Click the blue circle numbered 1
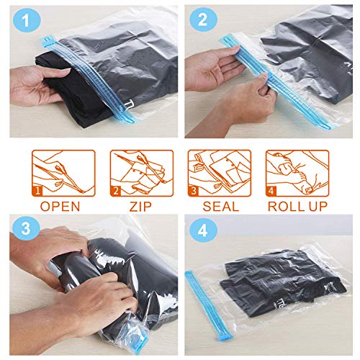tap(26, 21)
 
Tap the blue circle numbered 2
tap(203, 19)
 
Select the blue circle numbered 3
tap(26, 229)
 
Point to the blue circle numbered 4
tap(203, 230)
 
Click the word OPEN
tap(60, 207)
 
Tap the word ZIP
tap(140, 207)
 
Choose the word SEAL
tap(221, 207)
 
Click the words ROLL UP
tap(297, 207)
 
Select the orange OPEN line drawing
tap(63, 173)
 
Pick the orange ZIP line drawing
tap(142, 173)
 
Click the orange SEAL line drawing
tap(220, 173)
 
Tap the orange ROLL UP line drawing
tap(297, 173)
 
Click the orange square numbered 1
tap(37, 191)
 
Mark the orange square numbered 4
tap(271, 191)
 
